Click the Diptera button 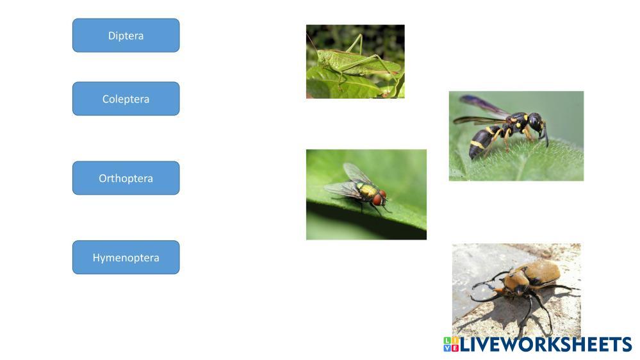point(126,35)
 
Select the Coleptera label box point(126,99)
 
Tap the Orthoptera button point(126,178)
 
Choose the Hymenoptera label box point(126,257)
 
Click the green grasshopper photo point(355,61)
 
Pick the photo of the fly point(366,194)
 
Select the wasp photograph point(516,136)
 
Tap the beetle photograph point(516,290)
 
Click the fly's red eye point(377,200)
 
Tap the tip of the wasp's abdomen point(472,156)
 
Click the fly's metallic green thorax point(366,190)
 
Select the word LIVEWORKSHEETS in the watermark point(546,345)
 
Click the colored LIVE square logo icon point(451,345)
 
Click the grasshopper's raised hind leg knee point(361,35)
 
